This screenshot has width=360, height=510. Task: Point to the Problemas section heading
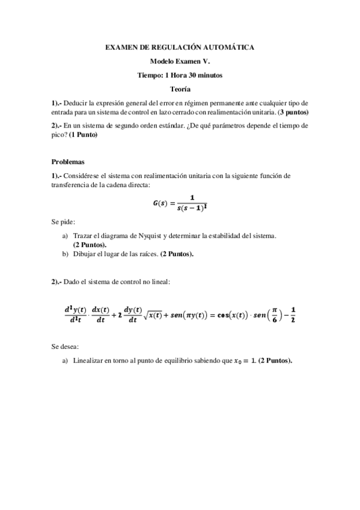point(69,162)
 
